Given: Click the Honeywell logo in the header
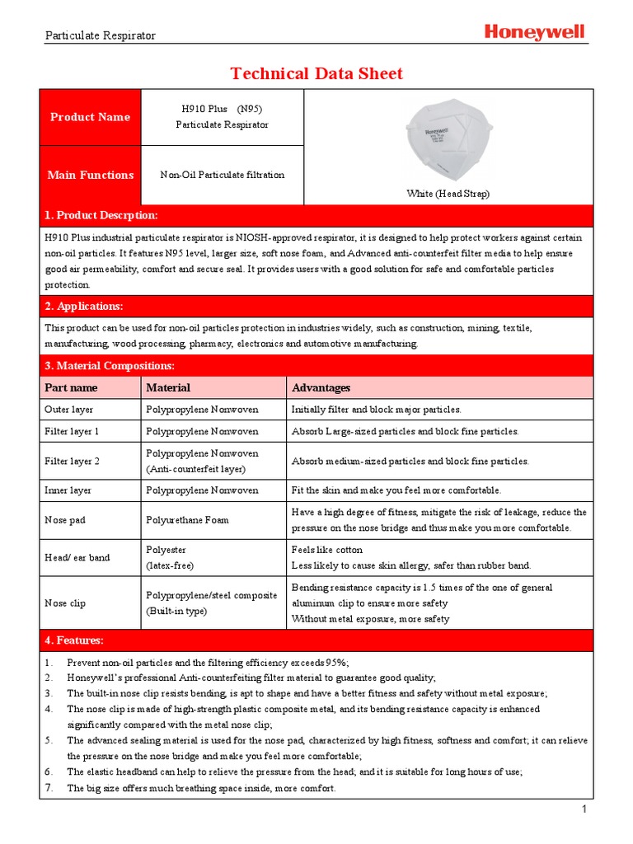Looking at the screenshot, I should [x=534, y=32].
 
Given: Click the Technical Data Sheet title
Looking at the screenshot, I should [x=316, y=73].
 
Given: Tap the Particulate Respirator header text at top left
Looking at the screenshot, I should [x=100, y=35].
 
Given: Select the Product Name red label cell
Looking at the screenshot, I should [x=91, y=117].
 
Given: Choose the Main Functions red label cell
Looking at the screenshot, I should [x=91, y=175].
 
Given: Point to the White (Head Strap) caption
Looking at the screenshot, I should [x=448, y=194].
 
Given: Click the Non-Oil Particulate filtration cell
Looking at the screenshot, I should [x=222, y=175].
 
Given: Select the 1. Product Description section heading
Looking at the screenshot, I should [x=101, y=215].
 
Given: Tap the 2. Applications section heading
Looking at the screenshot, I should [x=83, y=306].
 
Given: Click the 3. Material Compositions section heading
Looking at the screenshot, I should [x=110, y=365].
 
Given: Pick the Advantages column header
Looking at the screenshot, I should [x=321, y=387].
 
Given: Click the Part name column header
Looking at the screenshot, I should [x=71, y=387].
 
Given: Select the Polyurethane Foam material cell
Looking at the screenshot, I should [x=188, y=520].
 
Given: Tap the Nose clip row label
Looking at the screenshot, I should [x=65, y=603].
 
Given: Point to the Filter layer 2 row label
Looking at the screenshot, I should [x=72, y=462].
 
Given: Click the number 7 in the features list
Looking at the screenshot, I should [x=49, y=789].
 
